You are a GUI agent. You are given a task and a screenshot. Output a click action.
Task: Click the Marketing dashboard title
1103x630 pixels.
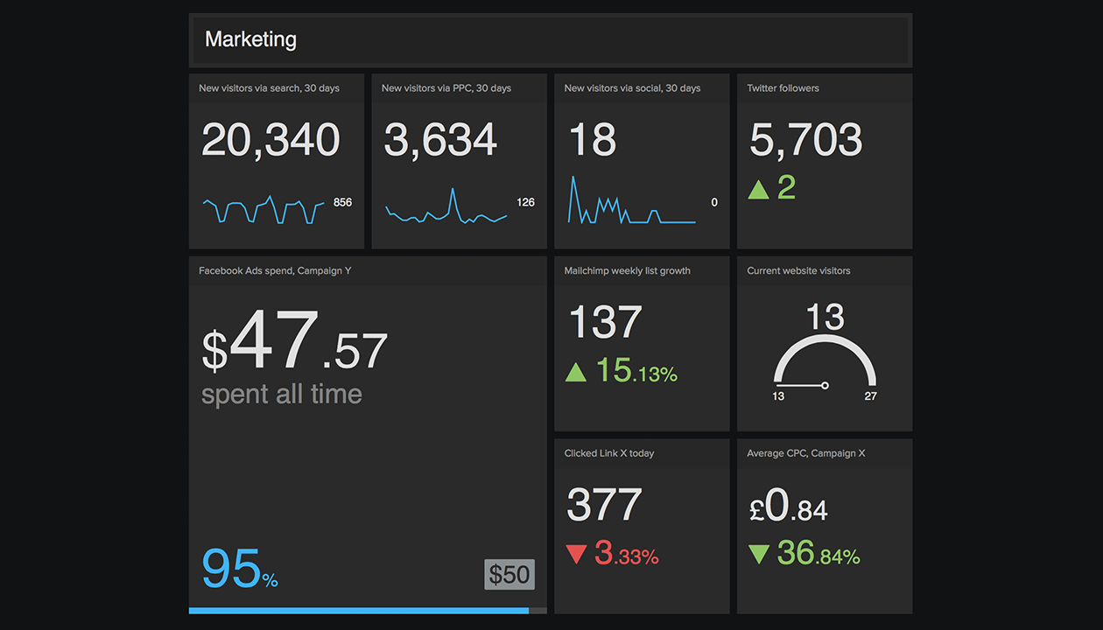point(250,39)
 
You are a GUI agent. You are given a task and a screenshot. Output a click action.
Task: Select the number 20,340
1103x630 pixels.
point(270,140)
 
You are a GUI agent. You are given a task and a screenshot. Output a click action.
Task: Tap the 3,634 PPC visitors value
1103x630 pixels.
point(440,140)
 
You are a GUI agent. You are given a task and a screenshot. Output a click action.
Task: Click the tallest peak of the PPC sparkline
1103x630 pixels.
point(453,190)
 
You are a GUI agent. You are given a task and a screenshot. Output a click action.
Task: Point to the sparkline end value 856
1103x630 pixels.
point(342,202)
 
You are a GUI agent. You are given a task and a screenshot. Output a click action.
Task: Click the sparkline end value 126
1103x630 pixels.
point(525,202)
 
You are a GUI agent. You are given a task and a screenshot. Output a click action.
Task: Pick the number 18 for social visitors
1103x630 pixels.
point(593,140)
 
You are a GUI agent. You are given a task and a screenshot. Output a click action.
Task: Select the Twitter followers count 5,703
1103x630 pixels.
point(805,140)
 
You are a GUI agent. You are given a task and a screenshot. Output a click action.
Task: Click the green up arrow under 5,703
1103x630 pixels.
point(758,189)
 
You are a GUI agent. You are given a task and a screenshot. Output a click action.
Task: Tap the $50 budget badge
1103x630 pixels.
point(509,574)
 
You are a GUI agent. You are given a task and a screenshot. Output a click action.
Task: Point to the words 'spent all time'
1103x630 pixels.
point(281,394)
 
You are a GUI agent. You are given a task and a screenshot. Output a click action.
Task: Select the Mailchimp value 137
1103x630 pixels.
point(605,322)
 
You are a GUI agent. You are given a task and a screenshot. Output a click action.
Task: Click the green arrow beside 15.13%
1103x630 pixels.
point(575,373)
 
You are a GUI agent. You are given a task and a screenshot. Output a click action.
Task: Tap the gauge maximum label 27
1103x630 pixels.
point(870,396)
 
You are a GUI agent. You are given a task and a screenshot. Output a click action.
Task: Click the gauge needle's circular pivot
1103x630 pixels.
point(825,385)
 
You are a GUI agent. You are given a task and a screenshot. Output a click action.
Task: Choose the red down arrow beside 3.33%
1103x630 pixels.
point(575,555)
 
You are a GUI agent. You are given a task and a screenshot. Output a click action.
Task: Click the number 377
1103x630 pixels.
point(604,505)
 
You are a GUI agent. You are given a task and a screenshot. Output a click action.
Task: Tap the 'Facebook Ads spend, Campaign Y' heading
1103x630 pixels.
point(275,270)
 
